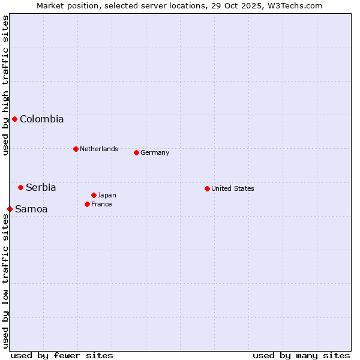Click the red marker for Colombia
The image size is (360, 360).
click(14, 119)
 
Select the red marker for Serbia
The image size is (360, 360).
click(20, 187)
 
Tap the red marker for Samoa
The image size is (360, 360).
click(10, 209)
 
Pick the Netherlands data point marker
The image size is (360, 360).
click(76, 149)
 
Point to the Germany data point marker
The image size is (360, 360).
click(136, 152)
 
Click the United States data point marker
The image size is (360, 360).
click(207, 188)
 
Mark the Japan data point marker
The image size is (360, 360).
click(94, 195)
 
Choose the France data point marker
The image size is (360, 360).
click(87, 204)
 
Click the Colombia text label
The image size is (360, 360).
click(41, 119)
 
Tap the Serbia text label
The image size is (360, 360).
click(41, 187)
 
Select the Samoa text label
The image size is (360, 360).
click(31, 209)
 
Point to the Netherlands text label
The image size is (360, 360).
click(99, 149)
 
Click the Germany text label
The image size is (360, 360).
click(155, 152)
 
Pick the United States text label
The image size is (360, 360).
click(233, 188)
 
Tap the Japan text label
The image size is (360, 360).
click(107, 195)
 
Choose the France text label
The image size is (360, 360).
click(101, 204)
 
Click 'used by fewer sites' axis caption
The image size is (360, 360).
click(62, 355)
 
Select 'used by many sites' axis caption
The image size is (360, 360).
click(301, 355)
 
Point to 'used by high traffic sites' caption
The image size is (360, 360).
click(5, 85)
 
